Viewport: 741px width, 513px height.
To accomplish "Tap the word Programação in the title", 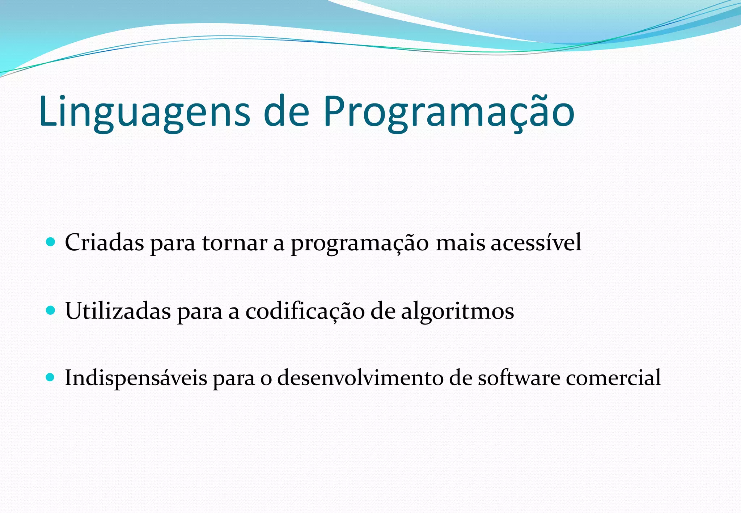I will (449, 112).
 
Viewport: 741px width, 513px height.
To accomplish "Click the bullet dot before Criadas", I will (51, 242).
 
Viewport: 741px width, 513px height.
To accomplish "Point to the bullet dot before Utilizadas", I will (51, 310).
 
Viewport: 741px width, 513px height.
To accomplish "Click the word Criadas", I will (104, 242).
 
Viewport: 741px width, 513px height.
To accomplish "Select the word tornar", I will (234, 242).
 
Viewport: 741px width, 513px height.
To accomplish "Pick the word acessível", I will (536, 242).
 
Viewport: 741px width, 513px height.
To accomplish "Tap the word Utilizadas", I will (118, 311).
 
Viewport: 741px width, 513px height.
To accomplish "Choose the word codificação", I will (305, 311).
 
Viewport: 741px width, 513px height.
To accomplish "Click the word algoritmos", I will (457, 311).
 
